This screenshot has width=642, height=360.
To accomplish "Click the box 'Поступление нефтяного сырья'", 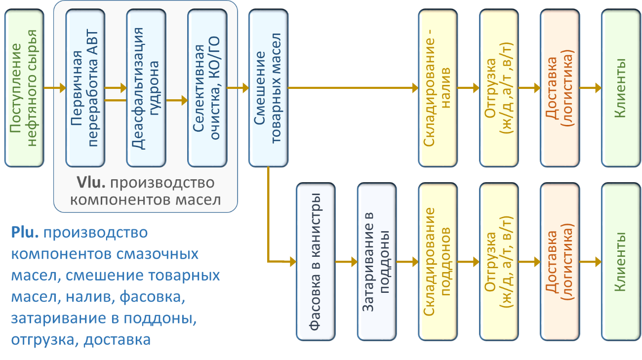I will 24,88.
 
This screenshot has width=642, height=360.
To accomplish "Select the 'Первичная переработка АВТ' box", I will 85,88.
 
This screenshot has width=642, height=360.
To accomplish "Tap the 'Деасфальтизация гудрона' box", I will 146,88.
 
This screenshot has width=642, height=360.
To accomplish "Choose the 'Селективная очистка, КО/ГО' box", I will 207,88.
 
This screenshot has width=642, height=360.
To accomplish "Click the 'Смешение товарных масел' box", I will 268,88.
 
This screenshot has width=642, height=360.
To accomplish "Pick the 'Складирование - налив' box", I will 438,88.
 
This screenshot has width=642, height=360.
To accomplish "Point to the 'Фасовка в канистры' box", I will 316,262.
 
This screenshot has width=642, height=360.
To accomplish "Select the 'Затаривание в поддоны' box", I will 377,262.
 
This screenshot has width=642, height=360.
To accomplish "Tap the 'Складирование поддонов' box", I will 438,262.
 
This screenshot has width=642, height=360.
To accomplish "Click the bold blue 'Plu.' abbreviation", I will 26,232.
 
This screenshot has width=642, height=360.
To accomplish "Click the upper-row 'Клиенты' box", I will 620,88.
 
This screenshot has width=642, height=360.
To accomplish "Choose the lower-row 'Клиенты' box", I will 620,262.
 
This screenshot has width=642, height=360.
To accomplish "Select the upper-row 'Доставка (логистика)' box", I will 560,88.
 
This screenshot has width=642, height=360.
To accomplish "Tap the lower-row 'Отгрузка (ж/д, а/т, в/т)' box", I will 499,262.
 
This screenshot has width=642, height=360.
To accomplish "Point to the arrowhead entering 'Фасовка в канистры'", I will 292,260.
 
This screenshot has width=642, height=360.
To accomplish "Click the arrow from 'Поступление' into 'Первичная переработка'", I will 55,88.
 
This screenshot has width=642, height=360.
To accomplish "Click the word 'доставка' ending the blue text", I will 117,340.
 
